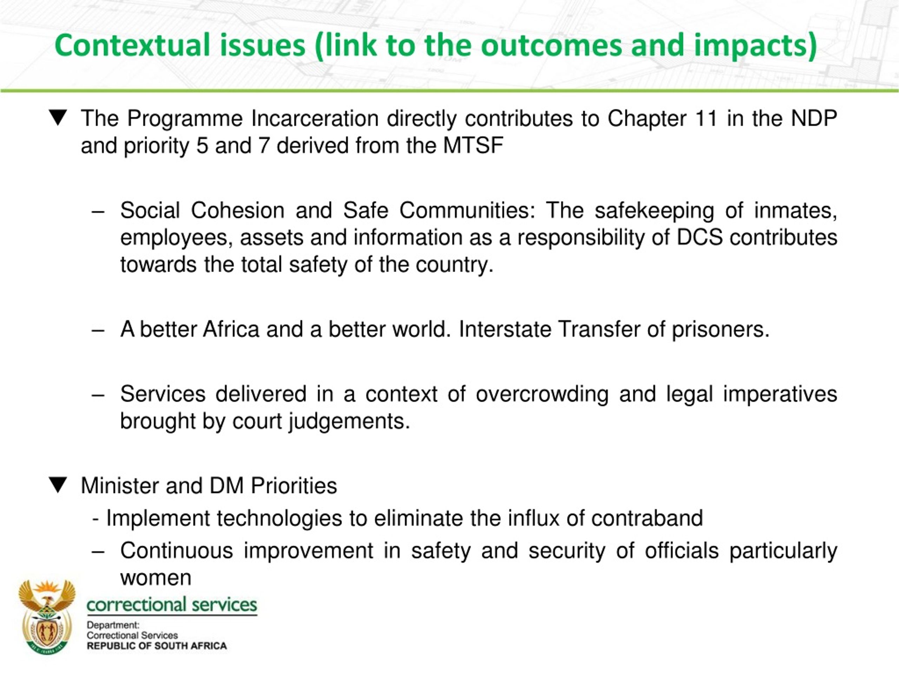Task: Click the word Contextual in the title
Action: click(132, 45)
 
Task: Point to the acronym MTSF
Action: click(473, 145)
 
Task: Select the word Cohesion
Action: click(238, 210)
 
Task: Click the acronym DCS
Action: click(700, 237)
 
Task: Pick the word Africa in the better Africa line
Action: click(231, 329)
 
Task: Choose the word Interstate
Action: click(505, 329)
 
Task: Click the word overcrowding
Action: click(542, 394)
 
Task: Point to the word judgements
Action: click(349, 421)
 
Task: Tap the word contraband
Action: click(647, 518)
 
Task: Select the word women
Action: click(156, 577)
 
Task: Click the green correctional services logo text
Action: click(172, 604)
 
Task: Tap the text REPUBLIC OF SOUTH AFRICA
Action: click(157, 646)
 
